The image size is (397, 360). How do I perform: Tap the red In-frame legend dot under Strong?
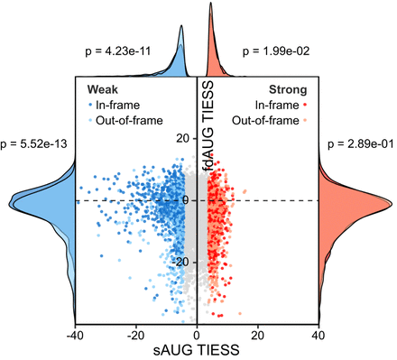[305, 105]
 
